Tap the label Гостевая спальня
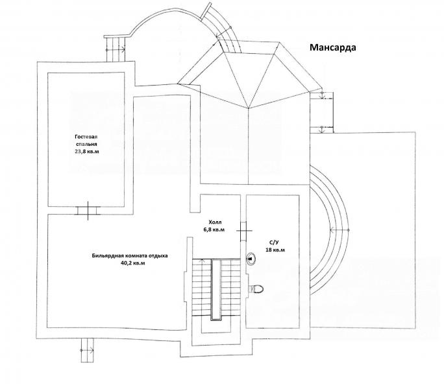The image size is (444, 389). point(86,141)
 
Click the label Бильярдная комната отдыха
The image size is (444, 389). point(130,255)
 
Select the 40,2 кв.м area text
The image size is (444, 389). point(130,263)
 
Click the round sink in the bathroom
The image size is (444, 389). point(251,257)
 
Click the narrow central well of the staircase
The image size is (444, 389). point(217,292)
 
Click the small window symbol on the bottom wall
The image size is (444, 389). point(87,349)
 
